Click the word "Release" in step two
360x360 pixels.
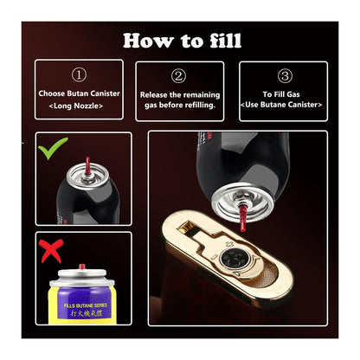pyautogui.click(x=156, y=93)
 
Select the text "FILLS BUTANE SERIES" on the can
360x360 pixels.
pyautogui.click(x=84, y=305)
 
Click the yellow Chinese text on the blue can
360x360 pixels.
pyautogui.click(x=84, y=317)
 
